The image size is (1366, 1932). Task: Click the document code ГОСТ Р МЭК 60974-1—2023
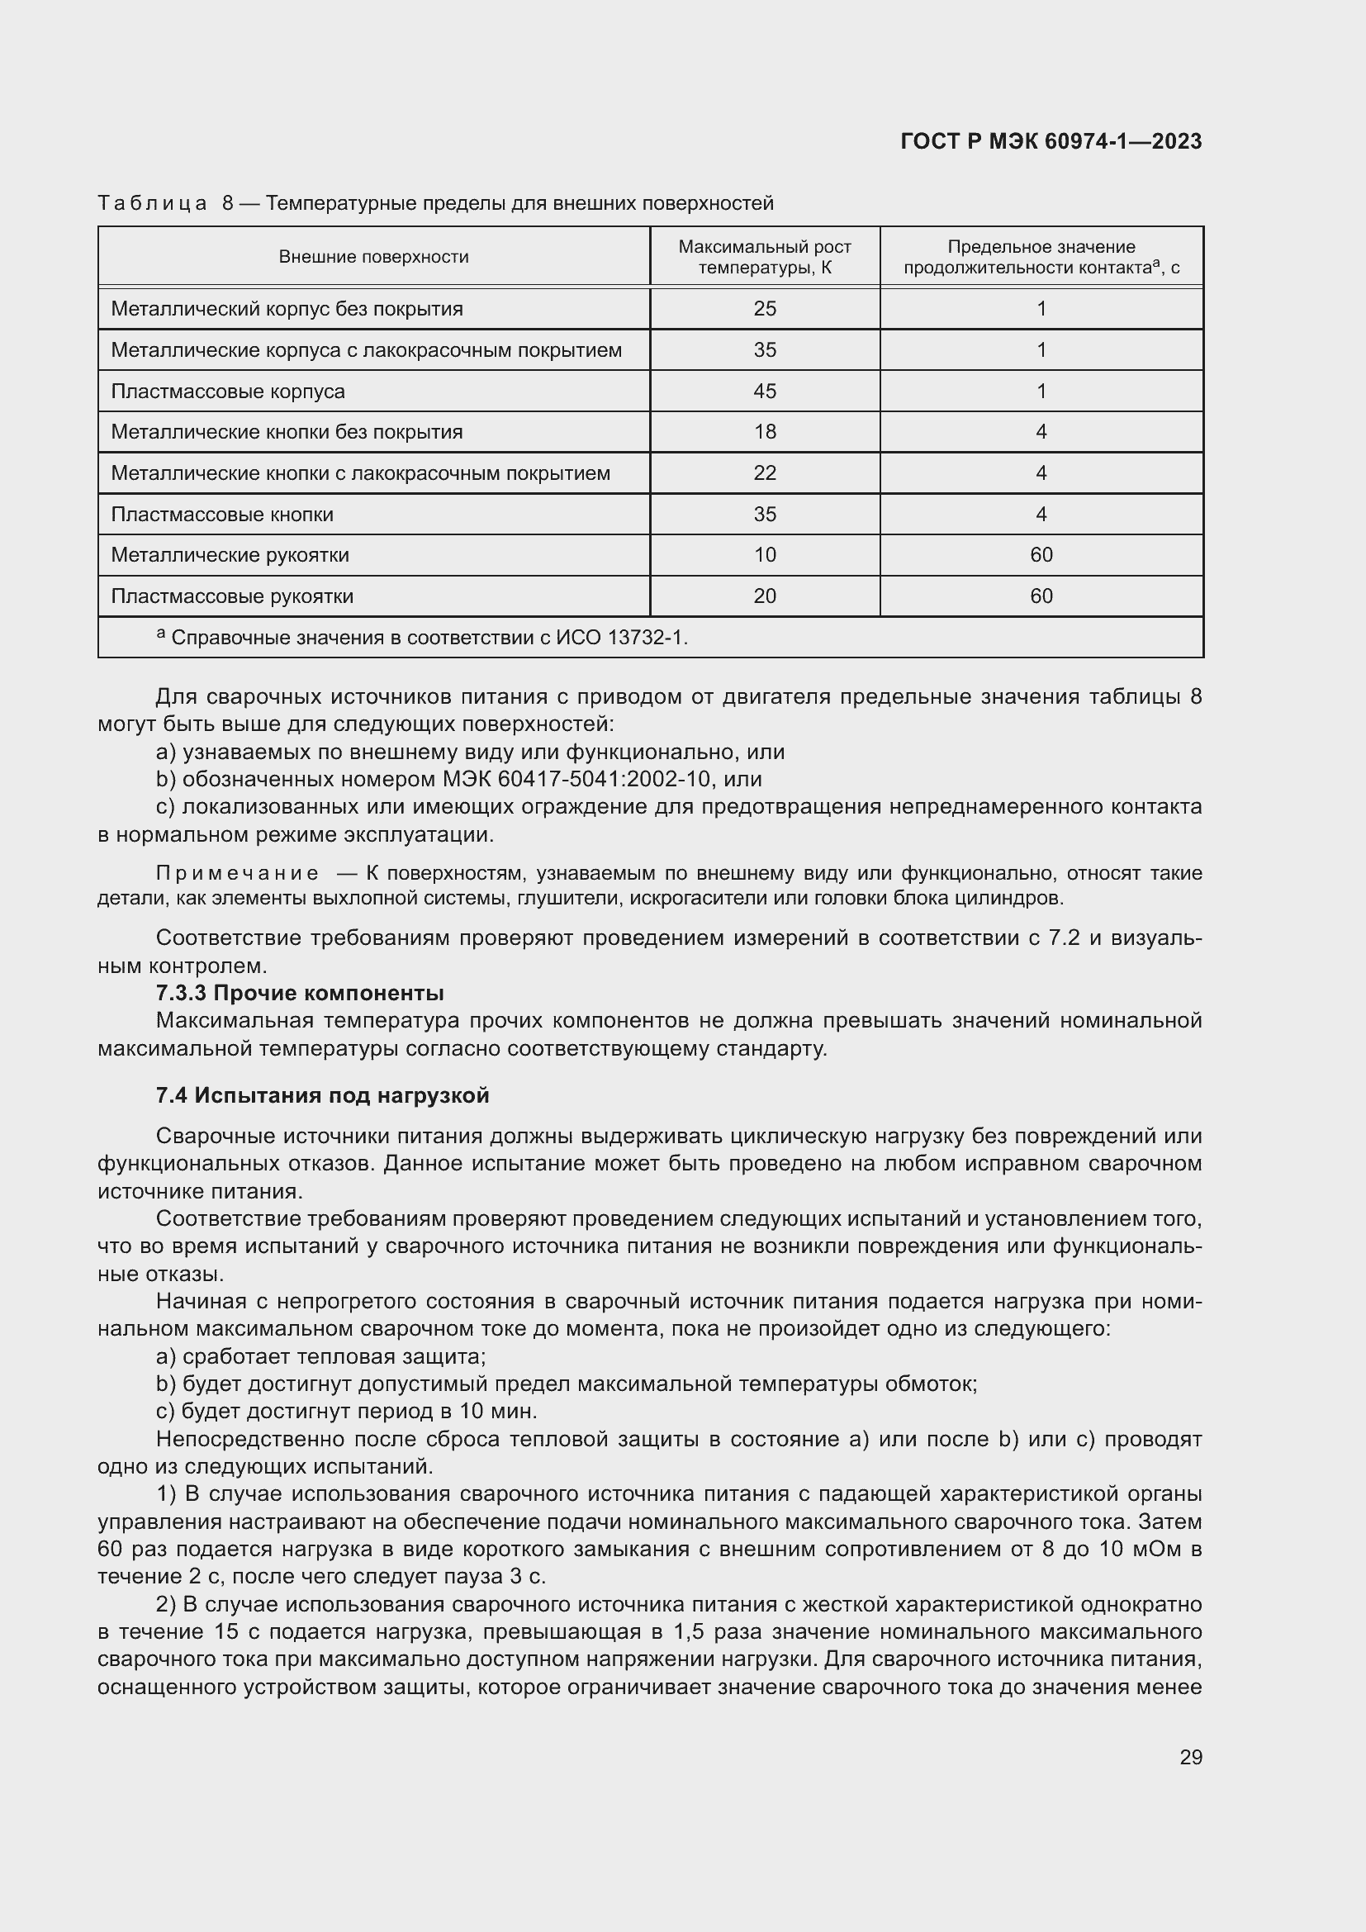tap(1051, 141)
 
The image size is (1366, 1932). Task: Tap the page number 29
tap(1190, 1757)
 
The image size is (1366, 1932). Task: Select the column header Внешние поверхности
tap(373, 257)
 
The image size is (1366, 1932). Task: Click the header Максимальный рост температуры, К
tap(765, 257)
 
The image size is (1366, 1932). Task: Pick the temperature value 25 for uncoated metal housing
tap(765, 309)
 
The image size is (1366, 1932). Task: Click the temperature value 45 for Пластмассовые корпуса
tap(765, 392)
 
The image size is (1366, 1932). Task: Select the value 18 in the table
tap(765, 432)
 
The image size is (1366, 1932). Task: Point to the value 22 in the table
tap(765, 473)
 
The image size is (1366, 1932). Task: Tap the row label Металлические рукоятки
tap(230, 555)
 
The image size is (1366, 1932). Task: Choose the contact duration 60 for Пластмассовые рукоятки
tap(1041, 596)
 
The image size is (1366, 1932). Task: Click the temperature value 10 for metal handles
tap(765, 555)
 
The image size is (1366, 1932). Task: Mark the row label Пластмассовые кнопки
tap(222, 514)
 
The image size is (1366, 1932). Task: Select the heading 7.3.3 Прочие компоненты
tap(300, 993)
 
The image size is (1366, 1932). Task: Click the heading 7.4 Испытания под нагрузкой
tap(322, 1094)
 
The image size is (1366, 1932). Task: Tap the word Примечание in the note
tap(237, 873)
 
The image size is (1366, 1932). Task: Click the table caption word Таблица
tap(152, 203)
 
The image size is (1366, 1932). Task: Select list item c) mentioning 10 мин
tap(347, 1410)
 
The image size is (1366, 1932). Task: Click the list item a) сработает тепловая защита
tap(321, 1355)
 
